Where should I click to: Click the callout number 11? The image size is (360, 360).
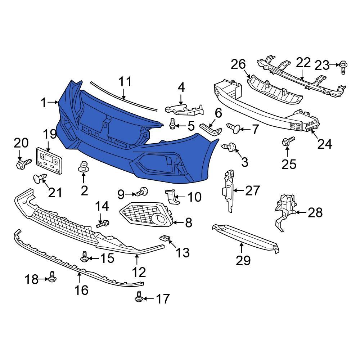(126, 82)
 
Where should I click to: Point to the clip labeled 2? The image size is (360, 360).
(84, 166)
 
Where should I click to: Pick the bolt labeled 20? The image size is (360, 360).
(20, 165)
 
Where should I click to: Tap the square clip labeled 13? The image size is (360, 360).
(165, 238)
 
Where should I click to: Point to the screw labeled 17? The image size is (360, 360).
(139, 297)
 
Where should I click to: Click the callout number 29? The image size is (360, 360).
(243, 260)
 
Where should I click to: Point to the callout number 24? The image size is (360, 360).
(325, 144)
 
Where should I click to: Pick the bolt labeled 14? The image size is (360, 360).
(103, 224)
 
